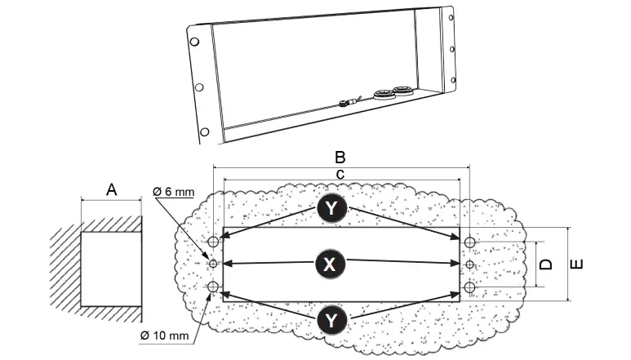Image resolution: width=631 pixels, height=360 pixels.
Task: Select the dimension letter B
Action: pos(341,157)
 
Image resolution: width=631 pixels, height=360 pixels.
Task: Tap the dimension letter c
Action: pos(341,173)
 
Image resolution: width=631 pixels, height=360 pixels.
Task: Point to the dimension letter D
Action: pos(548,264)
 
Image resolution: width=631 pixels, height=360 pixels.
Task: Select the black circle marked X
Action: pos(330,264)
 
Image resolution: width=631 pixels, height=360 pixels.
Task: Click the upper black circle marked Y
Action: pos(331,210)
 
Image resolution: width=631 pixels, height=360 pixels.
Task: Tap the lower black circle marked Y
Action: pos(331,317)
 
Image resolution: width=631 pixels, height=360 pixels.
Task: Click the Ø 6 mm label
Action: pos(174,192)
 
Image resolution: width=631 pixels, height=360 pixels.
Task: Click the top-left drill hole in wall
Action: pos(214,242)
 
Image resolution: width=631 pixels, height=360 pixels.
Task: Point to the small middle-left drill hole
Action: pos(214,264)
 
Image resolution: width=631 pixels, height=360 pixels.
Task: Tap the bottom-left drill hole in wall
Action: pos(214,287)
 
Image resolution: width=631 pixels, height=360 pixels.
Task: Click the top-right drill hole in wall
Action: pos(469,242)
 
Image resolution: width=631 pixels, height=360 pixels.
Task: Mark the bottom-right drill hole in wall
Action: pos(469,287)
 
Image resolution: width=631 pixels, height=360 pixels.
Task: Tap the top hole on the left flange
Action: pos(193,42)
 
